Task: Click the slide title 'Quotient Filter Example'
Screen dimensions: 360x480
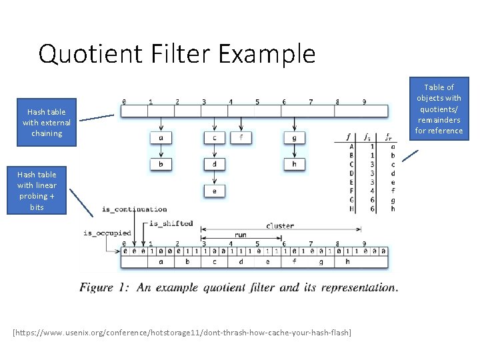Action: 177,53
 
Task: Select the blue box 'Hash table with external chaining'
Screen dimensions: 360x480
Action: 46,123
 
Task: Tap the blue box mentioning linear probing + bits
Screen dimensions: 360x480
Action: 37,191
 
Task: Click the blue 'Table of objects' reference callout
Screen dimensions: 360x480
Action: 439,109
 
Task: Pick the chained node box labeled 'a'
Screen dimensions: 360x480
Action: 161,138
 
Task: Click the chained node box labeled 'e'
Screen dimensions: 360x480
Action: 214,191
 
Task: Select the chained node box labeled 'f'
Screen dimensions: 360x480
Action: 241,138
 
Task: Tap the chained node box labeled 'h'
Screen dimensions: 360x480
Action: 294,165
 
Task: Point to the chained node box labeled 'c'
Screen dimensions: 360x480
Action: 214,138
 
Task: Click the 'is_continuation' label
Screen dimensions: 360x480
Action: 134,209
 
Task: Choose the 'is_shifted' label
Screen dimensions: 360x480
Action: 171,223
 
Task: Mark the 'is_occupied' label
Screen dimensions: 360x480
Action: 107,233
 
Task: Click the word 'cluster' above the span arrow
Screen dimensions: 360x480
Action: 280,225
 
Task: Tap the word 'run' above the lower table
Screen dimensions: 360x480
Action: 240,235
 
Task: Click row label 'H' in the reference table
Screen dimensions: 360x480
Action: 351,209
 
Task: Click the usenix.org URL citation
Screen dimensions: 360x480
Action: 182,333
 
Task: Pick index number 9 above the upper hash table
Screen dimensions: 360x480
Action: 364,102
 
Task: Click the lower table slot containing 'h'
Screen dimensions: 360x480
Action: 347,262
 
